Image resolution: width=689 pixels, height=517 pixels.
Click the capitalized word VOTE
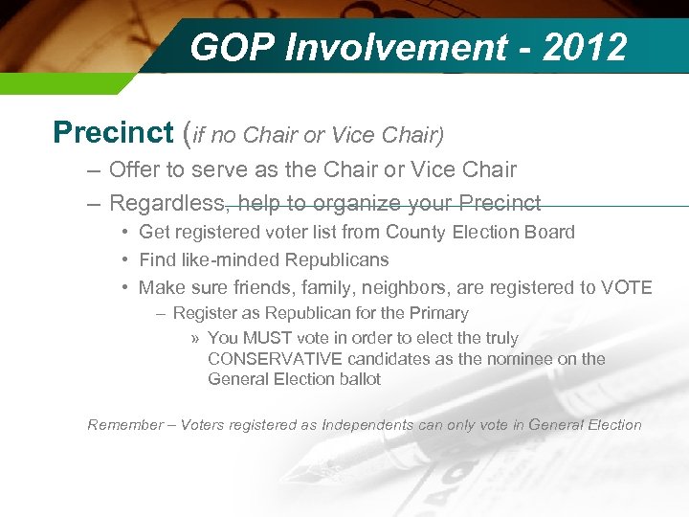[x=626, y=287]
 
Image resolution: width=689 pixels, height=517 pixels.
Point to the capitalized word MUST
[x=266, y=338]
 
